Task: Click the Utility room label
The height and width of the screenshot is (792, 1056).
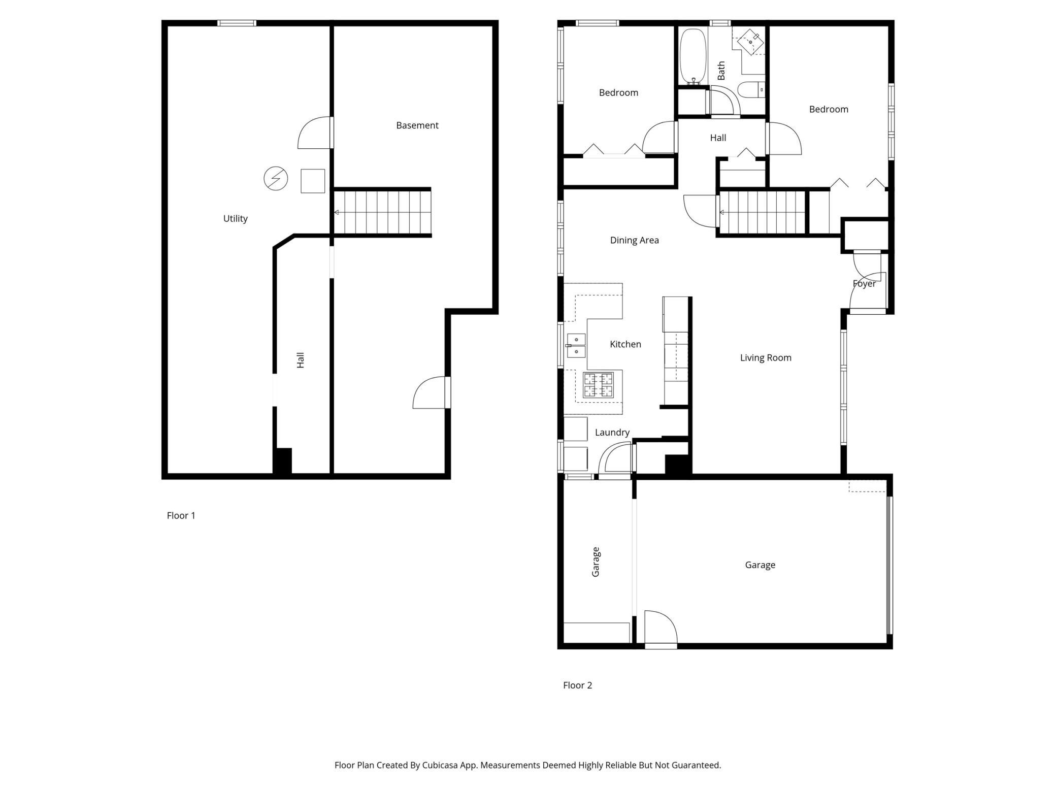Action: tap(236, 219)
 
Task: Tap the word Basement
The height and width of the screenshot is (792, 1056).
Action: tap(417, 125)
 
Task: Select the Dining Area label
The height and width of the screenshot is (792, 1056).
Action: tap(635, 240)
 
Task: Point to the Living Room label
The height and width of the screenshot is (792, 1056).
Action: tap(766, 358)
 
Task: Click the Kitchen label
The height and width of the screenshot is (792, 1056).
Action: tap(625, 344)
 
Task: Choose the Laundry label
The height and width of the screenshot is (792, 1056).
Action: tap(612, 433)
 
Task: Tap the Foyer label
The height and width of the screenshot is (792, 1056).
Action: tap(864, 284)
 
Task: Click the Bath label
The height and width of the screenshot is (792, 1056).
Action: tap(721, 71)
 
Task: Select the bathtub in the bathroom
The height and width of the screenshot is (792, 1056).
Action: tap(693, 56)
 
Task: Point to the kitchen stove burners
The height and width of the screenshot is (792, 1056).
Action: tap(599, 385)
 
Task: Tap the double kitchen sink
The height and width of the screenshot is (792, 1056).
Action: tap(576, 345)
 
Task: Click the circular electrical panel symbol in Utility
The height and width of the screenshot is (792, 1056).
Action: tap(276, 178)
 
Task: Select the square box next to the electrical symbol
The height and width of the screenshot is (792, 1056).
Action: tap(313, 181)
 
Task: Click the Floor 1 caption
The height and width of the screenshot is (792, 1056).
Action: tap(181, 516)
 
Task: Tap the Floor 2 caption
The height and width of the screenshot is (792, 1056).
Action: tap(578, 685)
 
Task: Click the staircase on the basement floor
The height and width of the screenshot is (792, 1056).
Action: tap(382, 212)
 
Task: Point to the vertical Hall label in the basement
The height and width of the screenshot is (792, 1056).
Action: tap(301, 360)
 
